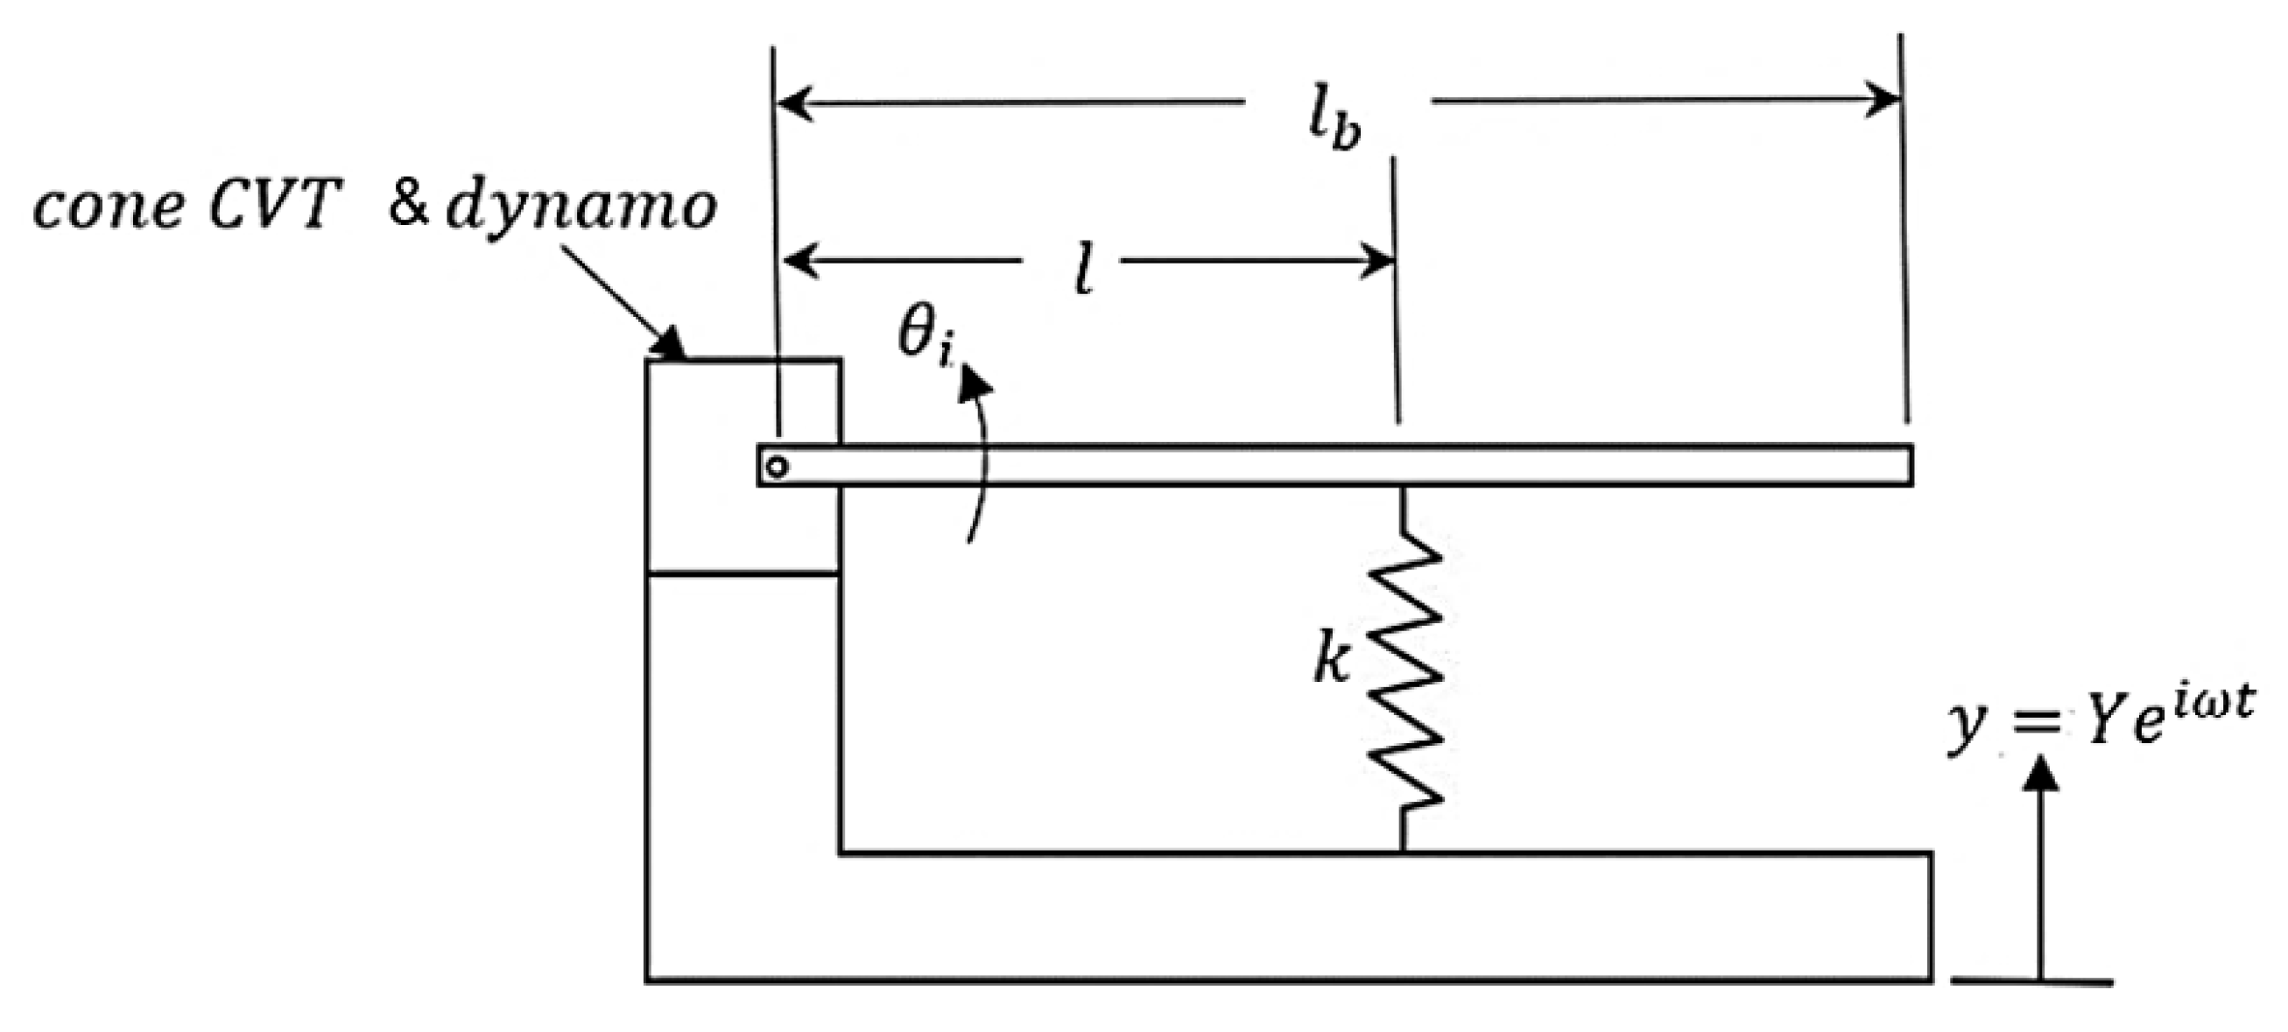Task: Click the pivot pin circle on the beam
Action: coord(778,467)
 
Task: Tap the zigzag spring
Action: coord(1404,675)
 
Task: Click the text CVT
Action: coord(275,206)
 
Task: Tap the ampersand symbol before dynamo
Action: coord(408,205)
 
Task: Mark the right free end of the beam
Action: coord(1908,466)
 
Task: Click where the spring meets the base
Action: coord(1403,850)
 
